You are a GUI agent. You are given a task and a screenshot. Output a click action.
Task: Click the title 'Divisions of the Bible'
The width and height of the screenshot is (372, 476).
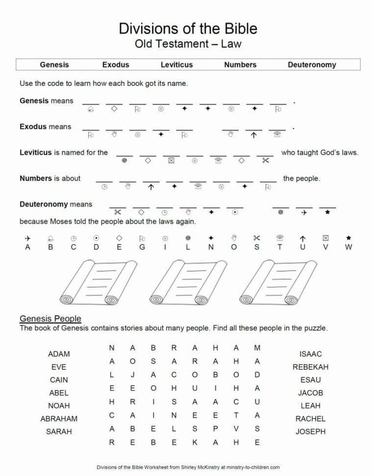click(x=188, y=28)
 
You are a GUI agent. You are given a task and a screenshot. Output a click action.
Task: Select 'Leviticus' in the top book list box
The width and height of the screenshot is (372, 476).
click(x=176, y=64)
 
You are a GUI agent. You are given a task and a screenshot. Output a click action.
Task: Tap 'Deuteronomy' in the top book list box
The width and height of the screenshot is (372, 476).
click(x=312, y=64)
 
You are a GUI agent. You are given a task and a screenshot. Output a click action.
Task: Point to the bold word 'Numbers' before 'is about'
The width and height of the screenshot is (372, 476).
click(x=35, y=178)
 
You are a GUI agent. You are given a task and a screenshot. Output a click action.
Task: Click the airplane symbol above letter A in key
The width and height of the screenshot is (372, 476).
click(x=27, y=238)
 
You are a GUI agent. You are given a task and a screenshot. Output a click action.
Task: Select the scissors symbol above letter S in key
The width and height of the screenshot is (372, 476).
click(x=256, y=238)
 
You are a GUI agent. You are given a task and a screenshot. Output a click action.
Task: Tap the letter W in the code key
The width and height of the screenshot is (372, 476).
click(x=348, y=247)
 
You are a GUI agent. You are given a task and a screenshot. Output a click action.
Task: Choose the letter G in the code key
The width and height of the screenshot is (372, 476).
click(x=142, y=247)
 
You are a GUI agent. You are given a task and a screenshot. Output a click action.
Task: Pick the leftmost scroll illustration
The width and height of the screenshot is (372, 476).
click(x=99, y=283)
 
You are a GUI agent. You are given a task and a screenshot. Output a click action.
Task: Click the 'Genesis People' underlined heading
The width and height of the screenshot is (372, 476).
click(x=50, y=318)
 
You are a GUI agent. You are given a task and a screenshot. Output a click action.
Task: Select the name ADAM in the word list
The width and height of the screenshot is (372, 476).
click(x=59, y=354)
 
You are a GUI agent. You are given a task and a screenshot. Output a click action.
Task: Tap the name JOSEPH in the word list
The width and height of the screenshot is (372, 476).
click(x=310, y=432)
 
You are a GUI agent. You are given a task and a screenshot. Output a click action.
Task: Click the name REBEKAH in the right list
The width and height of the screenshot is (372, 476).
click(x=310, y=367)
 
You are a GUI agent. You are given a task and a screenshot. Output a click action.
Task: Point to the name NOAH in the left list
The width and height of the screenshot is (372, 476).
click(x=59, y=406)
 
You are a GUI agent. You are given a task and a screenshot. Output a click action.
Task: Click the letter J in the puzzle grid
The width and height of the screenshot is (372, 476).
click(x=133, y=374)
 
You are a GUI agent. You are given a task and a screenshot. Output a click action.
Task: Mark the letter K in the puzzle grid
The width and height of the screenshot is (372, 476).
click(x=195, y=442)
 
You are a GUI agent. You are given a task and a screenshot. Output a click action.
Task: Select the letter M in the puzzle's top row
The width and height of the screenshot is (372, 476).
click(x=257, y=348)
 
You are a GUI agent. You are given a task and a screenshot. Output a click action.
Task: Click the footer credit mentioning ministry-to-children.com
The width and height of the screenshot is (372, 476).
click(x=188, y=468)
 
